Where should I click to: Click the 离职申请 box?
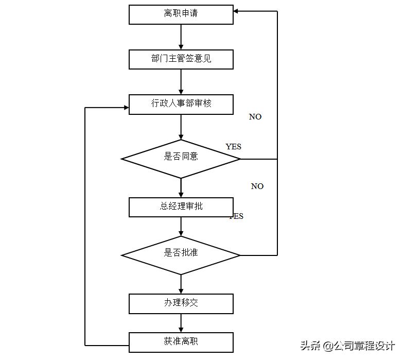coord(181,14)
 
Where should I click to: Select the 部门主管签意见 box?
coord(181,59)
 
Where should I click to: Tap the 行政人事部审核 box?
coord(181,104)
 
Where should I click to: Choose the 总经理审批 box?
coord(181,207)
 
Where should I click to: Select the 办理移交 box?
coord(181,303)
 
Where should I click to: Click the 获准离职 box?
coord(181,342)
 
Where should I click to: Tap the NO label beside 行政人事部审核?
coord(255,117)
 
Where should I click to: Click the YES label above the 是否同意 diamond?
coord(233,147)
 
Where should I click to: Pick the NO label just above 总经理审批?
coord(257,186)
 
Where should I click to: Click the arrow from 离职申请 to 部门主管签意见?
coord(181,37)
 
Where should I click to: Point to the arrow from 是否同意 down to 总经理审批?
coord(181,188)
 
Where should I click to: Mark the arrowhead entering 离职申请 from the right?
coord(237,11)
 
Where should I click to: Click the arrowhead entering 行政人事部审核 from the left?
coord(125,108)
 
